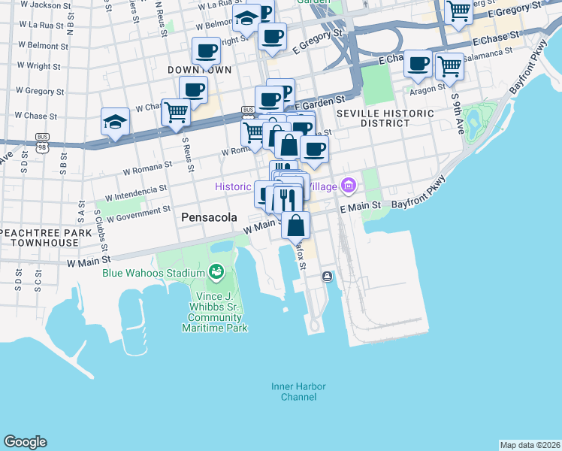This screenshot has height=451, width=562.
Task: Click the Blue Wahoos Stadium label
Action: (153, 272)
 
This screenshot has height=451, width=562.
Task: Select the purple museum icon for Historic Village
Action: (348, 184)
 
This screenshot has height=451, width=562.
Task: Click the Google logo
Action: (25, 442)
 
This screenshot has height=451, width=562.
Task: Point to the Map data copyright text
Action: (530, 445)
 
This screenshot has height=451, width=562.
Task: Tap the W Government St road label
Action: (134, 216)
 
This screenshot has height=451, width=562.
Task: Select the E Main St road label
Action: (361, 205)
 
